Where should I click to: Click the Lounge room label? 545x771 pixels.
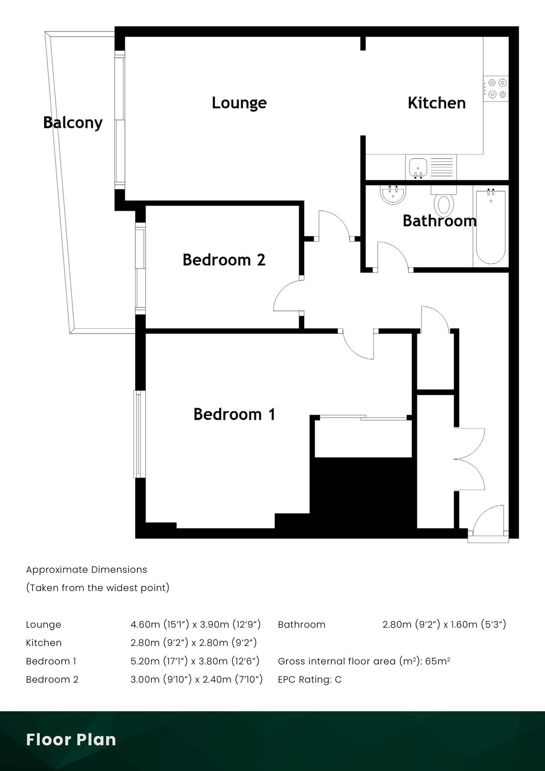point(239,103)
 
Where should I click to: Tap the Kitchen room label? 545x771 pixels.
point(436,103)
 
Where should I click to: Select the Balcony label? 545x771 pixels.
point(73,123)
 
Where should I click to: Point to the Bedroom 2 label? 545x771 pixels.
point(224,260)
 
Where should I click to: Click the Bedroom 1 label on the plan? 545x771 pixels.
point(234,414)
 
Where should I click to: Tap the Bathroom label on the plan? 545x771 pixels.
point(439,221)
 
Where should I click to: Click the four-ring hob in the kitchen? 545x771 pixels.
point(497,89)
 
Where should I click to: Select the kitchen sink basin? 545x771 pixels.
point(417,166)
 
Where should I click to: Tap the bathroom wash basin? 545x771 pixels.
point(393,195)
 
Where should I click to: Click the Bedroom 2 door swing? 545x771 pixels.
point(288,296)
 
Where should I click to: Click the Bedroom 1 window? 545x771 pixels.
point(138,434)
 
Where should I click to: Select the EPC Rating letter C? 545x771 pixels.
point(338,679)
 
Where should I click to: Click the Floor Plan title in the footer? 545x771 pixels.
point(71,740)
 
